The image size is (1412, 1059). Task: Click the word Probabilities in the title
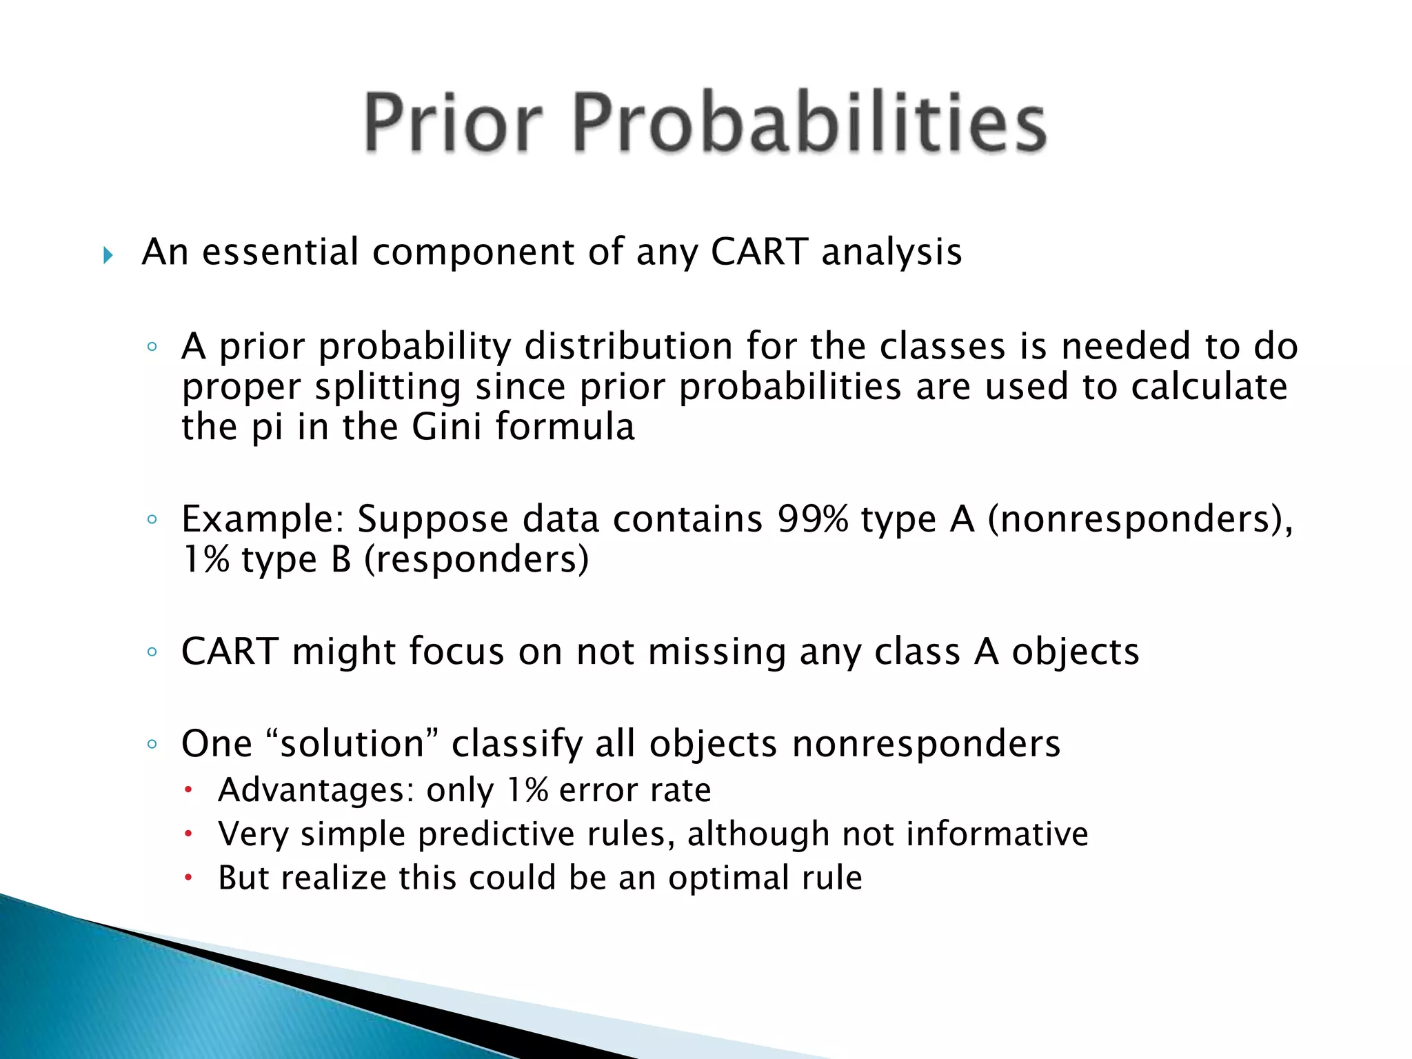[x=809, y=122]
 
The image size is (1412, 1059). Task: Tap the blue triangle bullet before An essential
[x=108, y=256]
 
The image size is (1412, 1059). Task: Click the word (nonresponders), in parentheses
[x=1140, y=518]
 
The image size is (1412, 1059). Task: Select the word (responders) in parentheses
[x=476, y=559]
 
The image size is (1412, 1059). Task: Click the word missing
[x=717, y=652]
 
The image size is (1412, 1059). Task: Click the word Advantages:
[x=316, y=790]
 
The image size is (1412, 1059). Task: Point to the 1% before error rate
[x=527, y=790]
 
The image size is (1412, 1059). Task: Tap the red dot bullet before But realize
[x=188, y=878]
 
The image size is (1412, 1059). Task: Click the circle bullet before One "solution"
[x=152, y=744]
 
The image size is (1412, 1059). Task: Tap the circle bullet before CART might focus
[x=152, y=652]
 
